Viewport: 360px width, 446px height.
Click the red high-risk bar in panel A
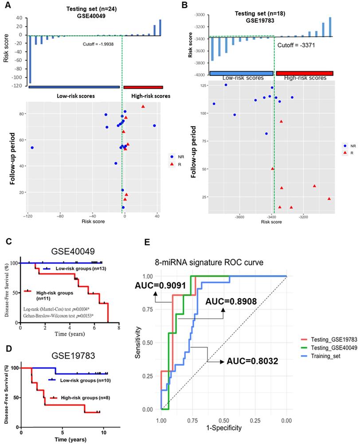coord(143,87)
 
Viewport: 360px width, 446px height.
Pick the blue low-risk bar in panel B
coord(241,73)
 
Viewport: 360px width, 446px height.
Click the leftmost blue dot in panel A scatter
coord(32,147)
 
